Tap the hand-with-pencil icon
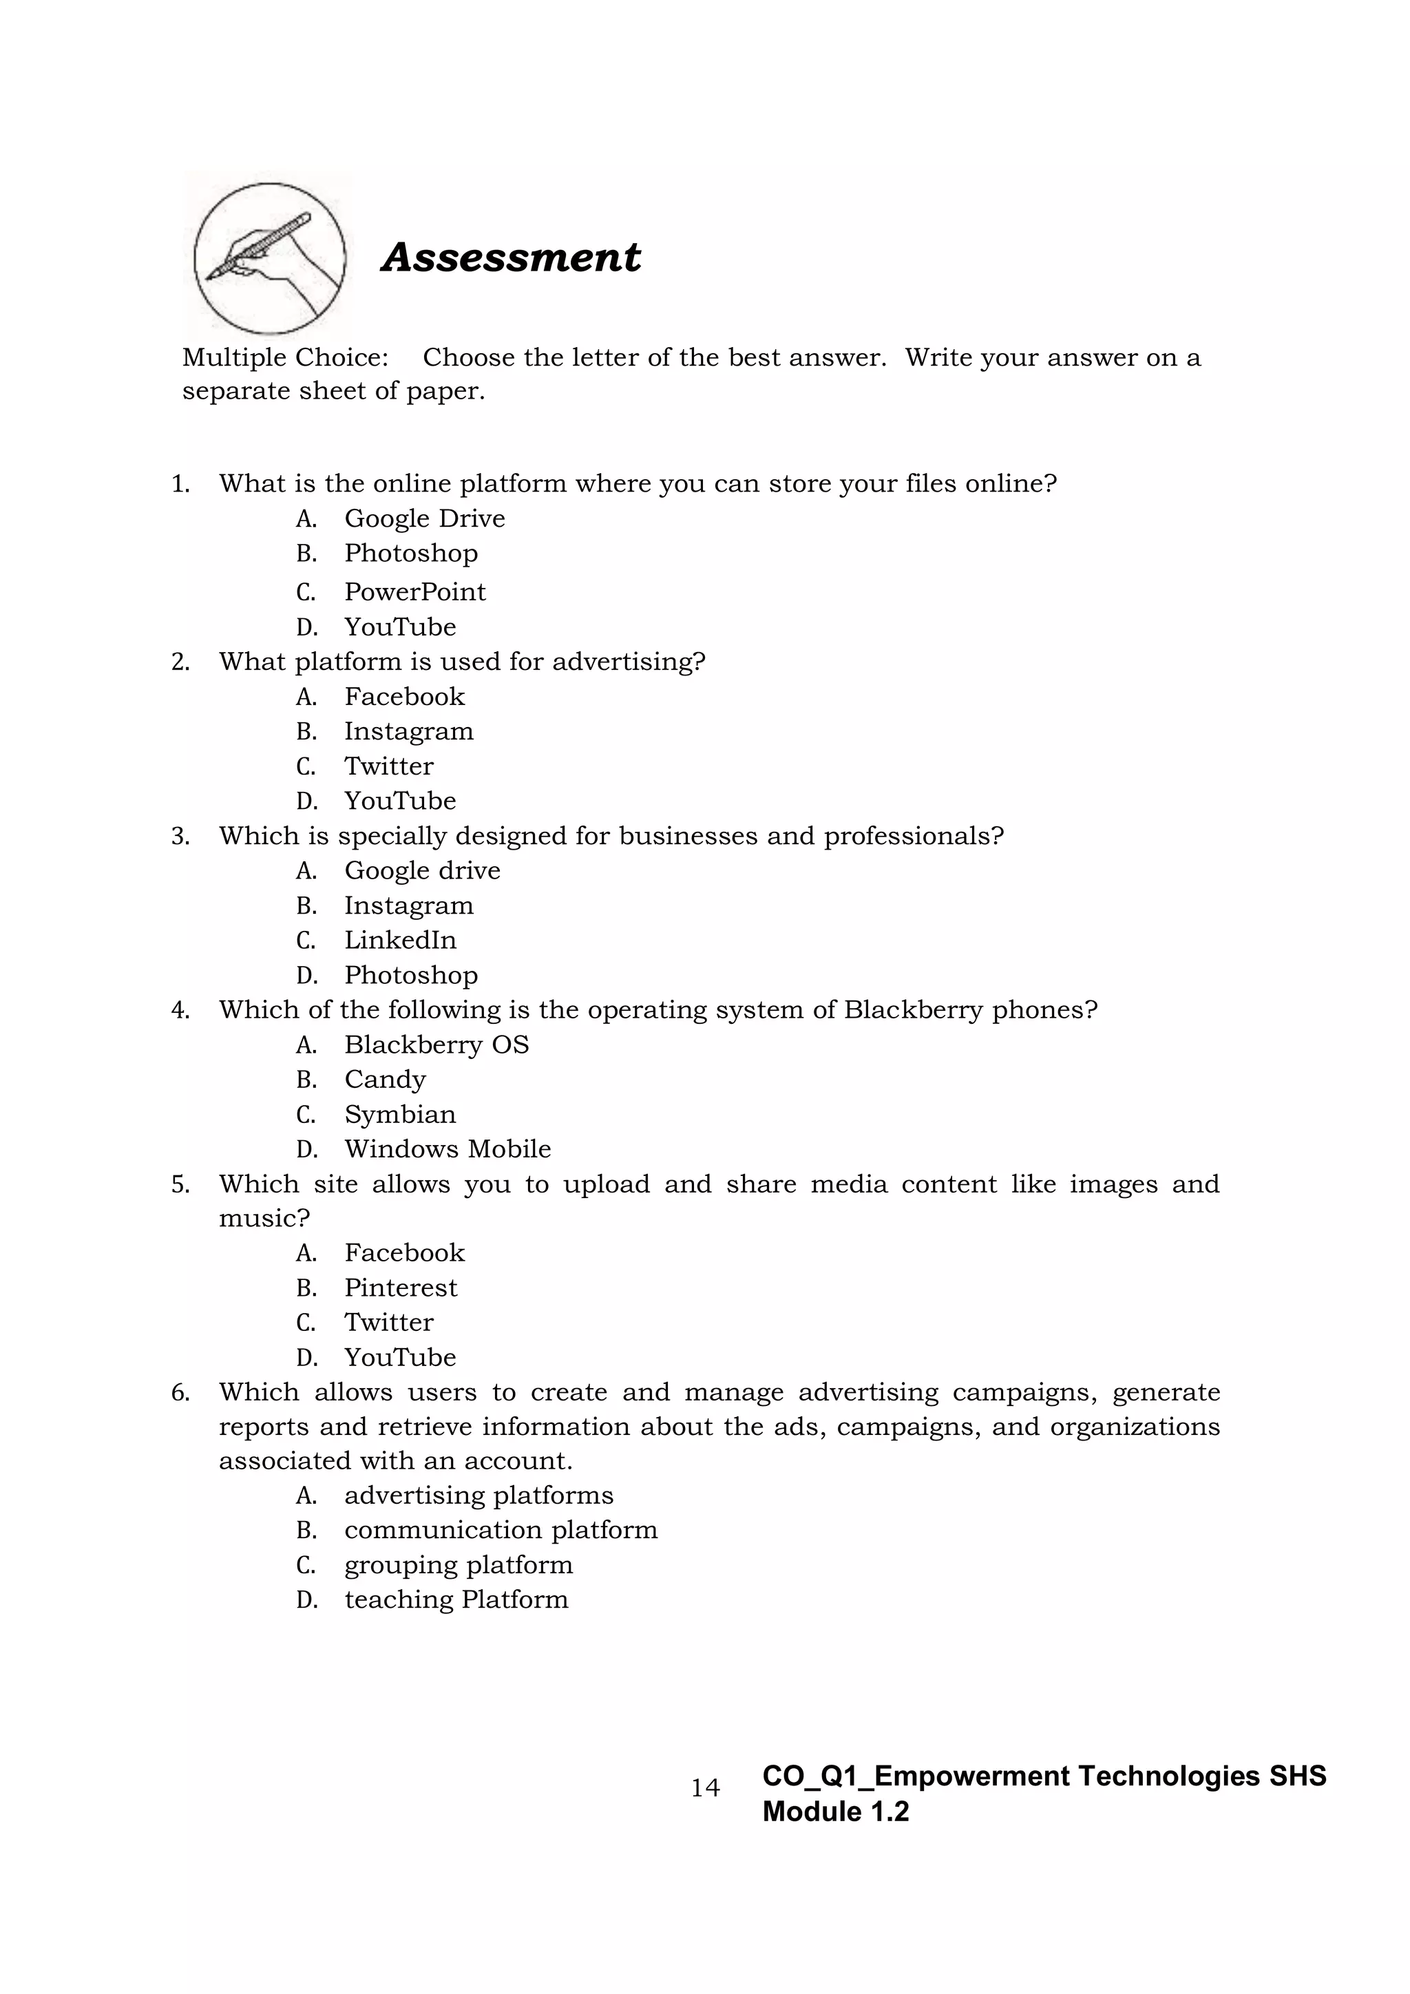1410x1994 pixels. point(269,258)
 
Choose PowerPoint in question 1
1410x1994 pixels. point(415,591)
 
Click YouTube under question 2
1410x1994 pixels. point(399,801)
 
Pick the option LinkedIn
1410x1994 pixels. point(399,940)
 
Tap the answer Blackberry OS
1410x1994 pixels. point(436,1044)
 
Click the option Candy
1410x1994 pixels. point(385,1080)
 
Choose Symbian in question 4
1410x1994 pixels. point(399,1114)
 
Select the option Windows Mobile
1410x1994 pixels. point(447,1149)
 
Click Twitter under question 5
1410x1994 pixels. point(388,1322)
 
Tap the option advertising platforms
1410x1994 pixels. point(478,1495)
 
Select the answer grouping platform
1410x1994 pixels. point(459,1565)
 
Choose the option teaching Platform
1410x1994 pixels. point(456,1599)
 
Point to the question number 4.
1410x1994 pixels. point(180,1010)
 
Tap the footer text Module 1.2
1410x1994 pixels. point(835,1812)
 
